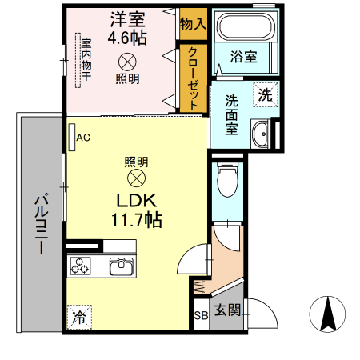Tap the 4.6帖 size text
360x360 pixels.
(x=126, y=36)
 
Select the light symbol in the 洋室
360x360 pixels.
(x=127, y=61)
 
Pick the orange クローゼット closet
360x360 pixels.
(x=193, y=78)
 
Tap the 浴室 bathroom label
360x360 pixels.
(x=244, y=57)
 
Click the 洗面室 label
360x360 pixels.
(x=230, y=115)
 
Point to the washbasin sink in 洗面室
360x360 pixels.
(x=261, y=133)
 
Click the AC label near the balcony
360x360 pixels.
(x=83, y=137)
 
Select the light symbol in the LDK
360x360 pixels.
(x=137, y=177)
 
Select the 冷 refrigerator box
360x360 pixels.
(x=79, y=317)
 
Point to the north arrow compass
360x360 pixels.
(x=329, y=314)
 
